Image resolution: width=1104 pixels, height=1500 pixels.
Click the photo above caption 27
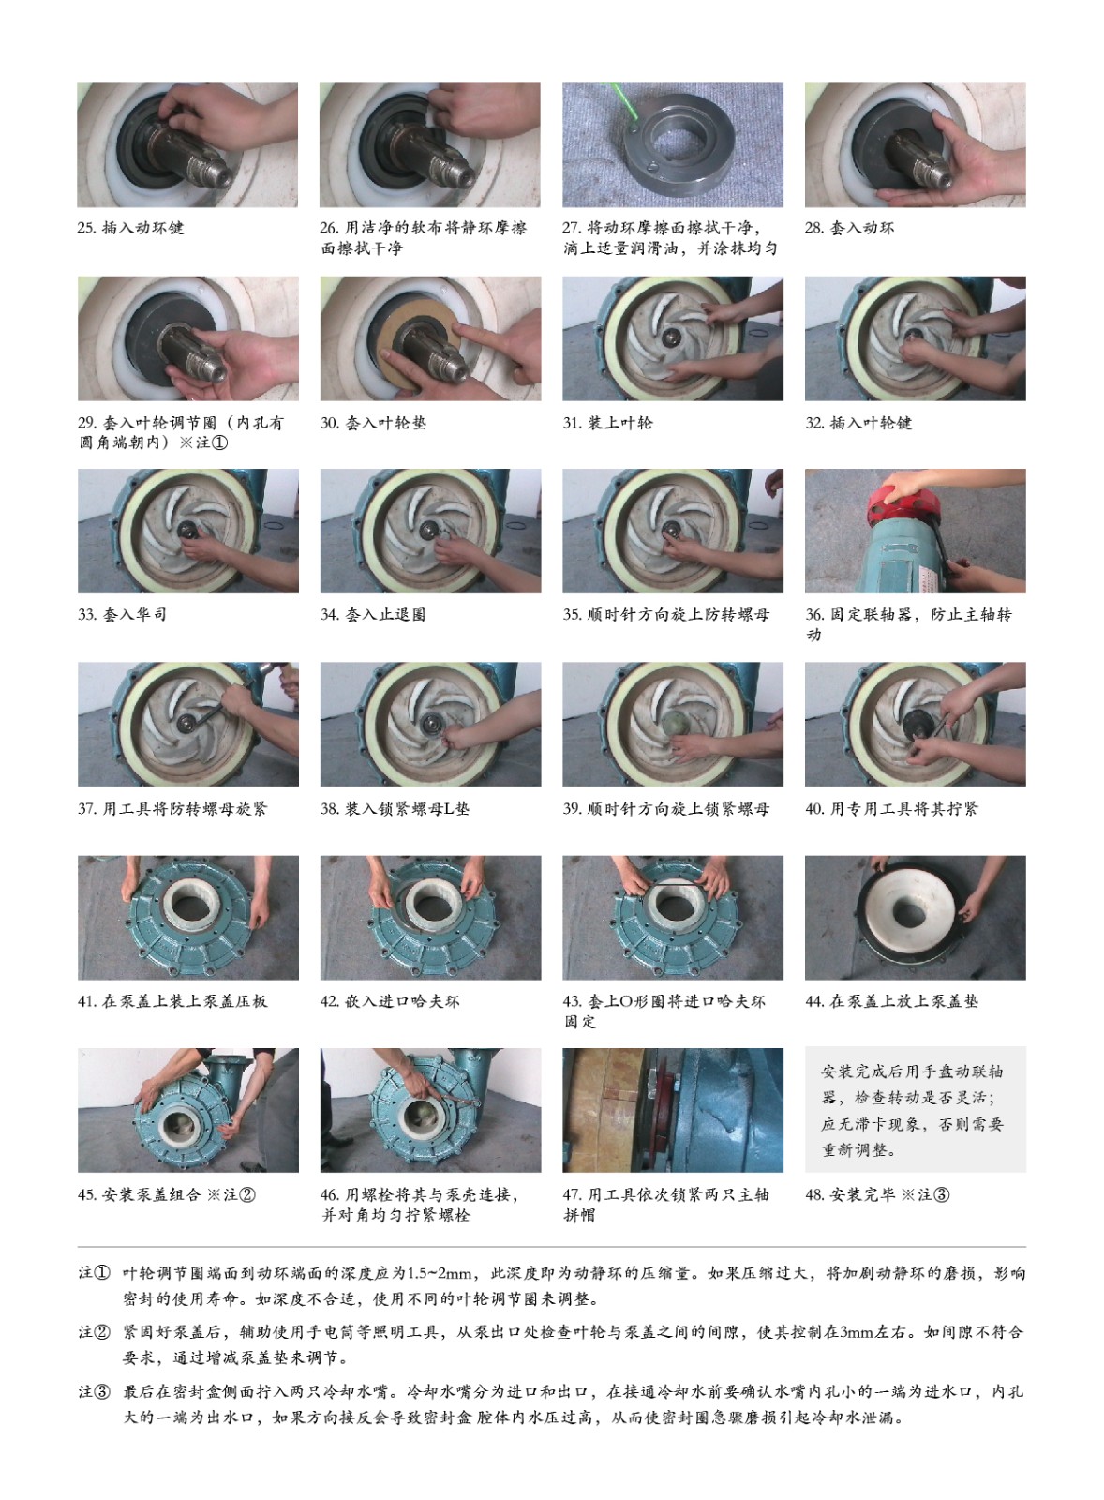pyautogui.click(x=672, y=144)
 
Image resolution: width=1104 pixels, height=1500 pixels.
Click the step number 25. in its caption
pyautogui.click(x=87, y=228)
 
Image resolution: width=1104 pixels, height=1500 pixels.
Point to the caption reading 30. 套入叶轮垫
pyautogui.click(x=373, y=423)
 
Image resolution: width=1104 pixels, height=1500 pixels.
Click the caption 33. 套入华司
pyautogui.click(x=122, y=615)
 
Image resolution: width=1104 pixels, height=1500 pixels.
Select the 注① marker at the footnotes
pyautogui.click(x=95, y=1272)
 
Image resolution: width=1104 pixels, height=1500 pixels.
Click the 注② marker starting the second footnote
pyautogui.click(x=95, y=1332)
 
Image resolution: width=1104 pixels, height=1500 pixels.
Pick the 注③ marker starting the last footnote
pyautogui.click(x=95, y=1391)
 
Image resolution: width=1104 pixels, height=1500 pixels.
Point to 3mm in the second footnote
pyautogui.click(x=857, y=1332)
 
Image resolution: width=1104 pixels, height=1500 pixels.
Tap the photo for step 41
pyautogui.click(x=188, y=918)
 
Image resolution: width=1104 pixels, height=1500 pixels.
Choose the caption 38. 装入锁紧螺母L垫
pyautogui.click(x=395, y=808)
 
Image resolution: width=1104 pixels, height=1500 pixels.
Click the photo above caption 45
pyautogui.click(x=188, y=1110)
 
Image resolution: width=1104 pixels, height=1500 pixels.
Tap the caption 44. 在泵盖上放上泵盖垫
pyautogui.click(x=892, y=1001)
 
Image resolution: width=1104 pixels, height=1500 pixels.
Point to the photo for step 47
pyautogui.click(x=673, y=1110)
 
